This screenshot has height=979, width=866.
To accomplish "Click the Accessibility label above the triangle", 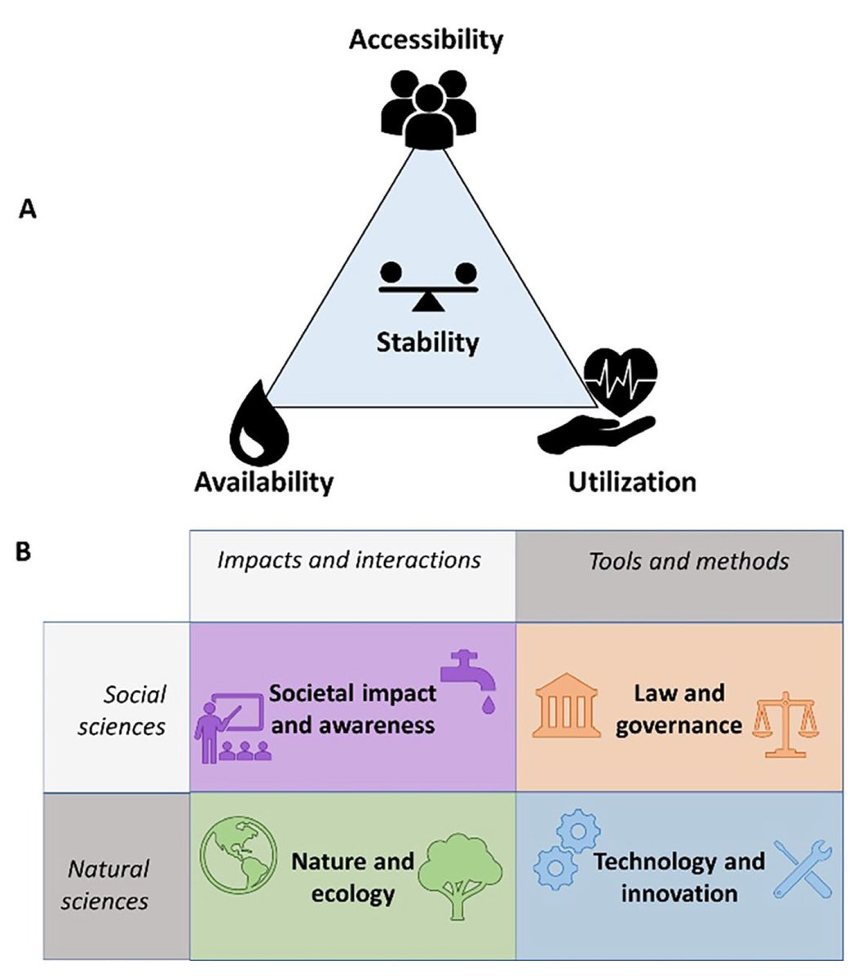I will [x=426, y=38].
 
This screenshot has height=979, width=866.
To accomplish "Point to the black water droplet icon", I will [x=259, y=425].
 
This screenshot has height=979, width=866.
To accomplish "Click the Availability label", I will [x=263, y=481].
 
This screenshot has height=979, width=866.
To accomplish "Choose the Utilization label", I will [x=632, y=481].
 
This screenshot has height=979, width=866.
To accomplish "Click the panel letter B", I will [x=24, y=553].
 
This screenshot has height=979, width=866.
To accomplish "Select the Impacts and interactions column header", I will [x=349, y=560].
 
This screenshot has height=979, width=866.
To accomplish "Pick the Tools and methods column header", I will [x=688, y=560].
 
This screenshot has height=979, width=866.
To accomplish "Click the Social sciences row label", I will [x=122, y=710].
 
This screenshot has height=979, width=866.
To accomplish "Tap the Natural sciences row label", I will [x=108, y=884].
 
